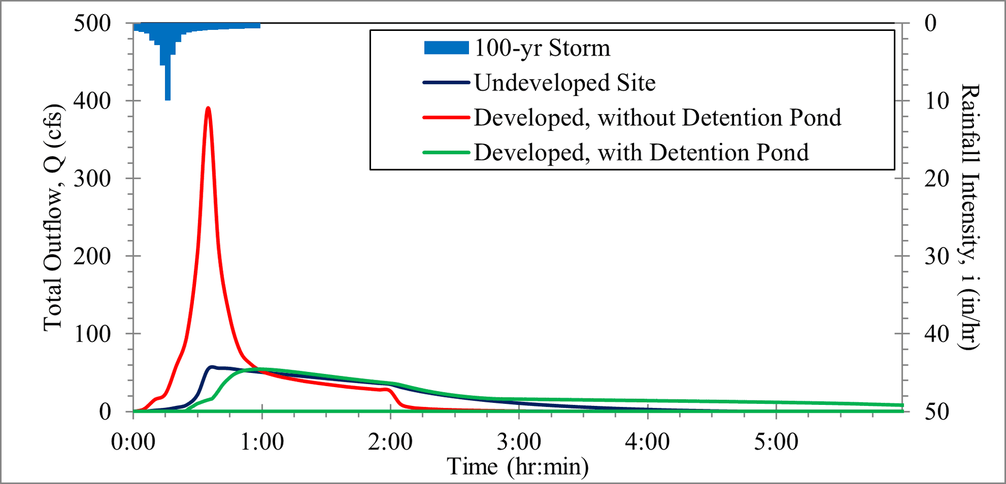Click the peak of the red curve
click(x=208, y=108)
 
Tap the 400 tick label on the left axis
click(x=92, y=101)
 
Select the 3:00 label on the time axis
click(x=519, y=442)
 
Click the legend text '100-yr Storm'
click(x=542, y=48)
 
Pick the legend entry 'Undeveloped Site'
click(x=565, y=83)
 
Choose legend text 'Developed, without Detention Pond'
click(x=658, y=118)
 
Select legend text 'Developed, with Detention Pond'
click(x=641, y=152)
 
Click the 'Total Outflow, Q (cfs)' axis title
click(x=53, y=217)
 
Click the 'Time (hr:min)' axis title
click(x=518, y=466)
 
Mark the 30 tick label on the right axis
click(x=937, y=256)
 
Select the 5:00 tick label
click(x=776, y=442)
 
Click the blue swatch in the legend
click(x=446, y=48)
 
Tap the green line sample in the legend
click(x=446, y=152)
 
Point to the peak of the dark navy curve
click(x=212, y=367)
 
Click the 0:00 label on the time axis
click(x=133, y=442)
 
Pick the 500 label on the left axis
click(x=92, y=23)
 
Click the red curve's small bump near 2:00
click(x=387, y=389)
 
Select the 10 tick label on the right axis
click(x=937, y=101)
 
